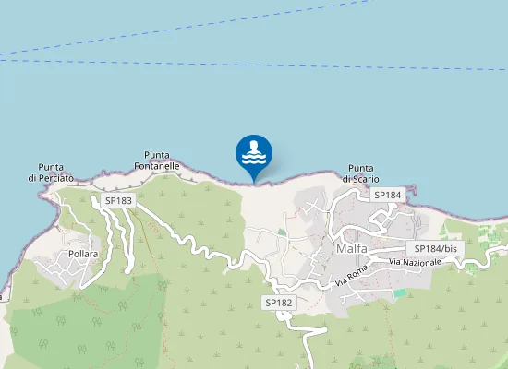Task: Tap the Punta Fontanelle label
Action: pos(156,161)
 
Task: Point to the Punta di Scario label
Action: pos(362,174)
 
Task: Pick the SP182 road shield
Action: pos(278,303)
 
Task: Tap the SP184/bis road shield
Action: pos(435,248)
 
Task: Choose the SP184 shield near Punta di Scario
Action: pos(388,195)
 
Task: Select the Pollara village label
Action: pos(83,254)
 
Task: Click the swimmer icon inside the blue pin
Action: pos(254,151)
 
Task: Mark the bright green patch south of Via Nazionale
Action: pos(400,292)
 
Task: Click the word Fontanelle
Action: pos(156,166)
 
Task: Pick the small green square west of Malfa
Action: pos(283,232)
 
